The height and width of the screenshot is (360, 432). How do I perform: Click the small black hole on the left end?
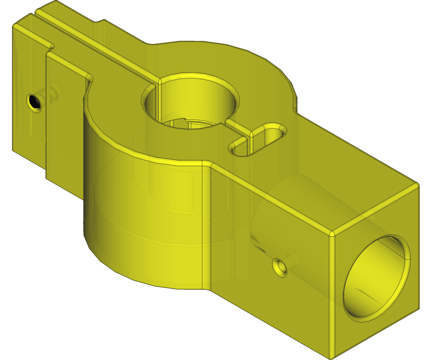[35, 102]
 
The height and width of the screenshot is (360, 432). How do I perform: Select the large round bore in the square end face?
[376, 277]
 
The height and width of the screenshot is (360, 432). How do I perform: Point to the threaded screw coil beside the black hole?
[54, 94]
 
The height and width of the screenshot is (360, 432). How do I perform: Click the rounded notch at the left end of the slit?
[51, 46]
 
